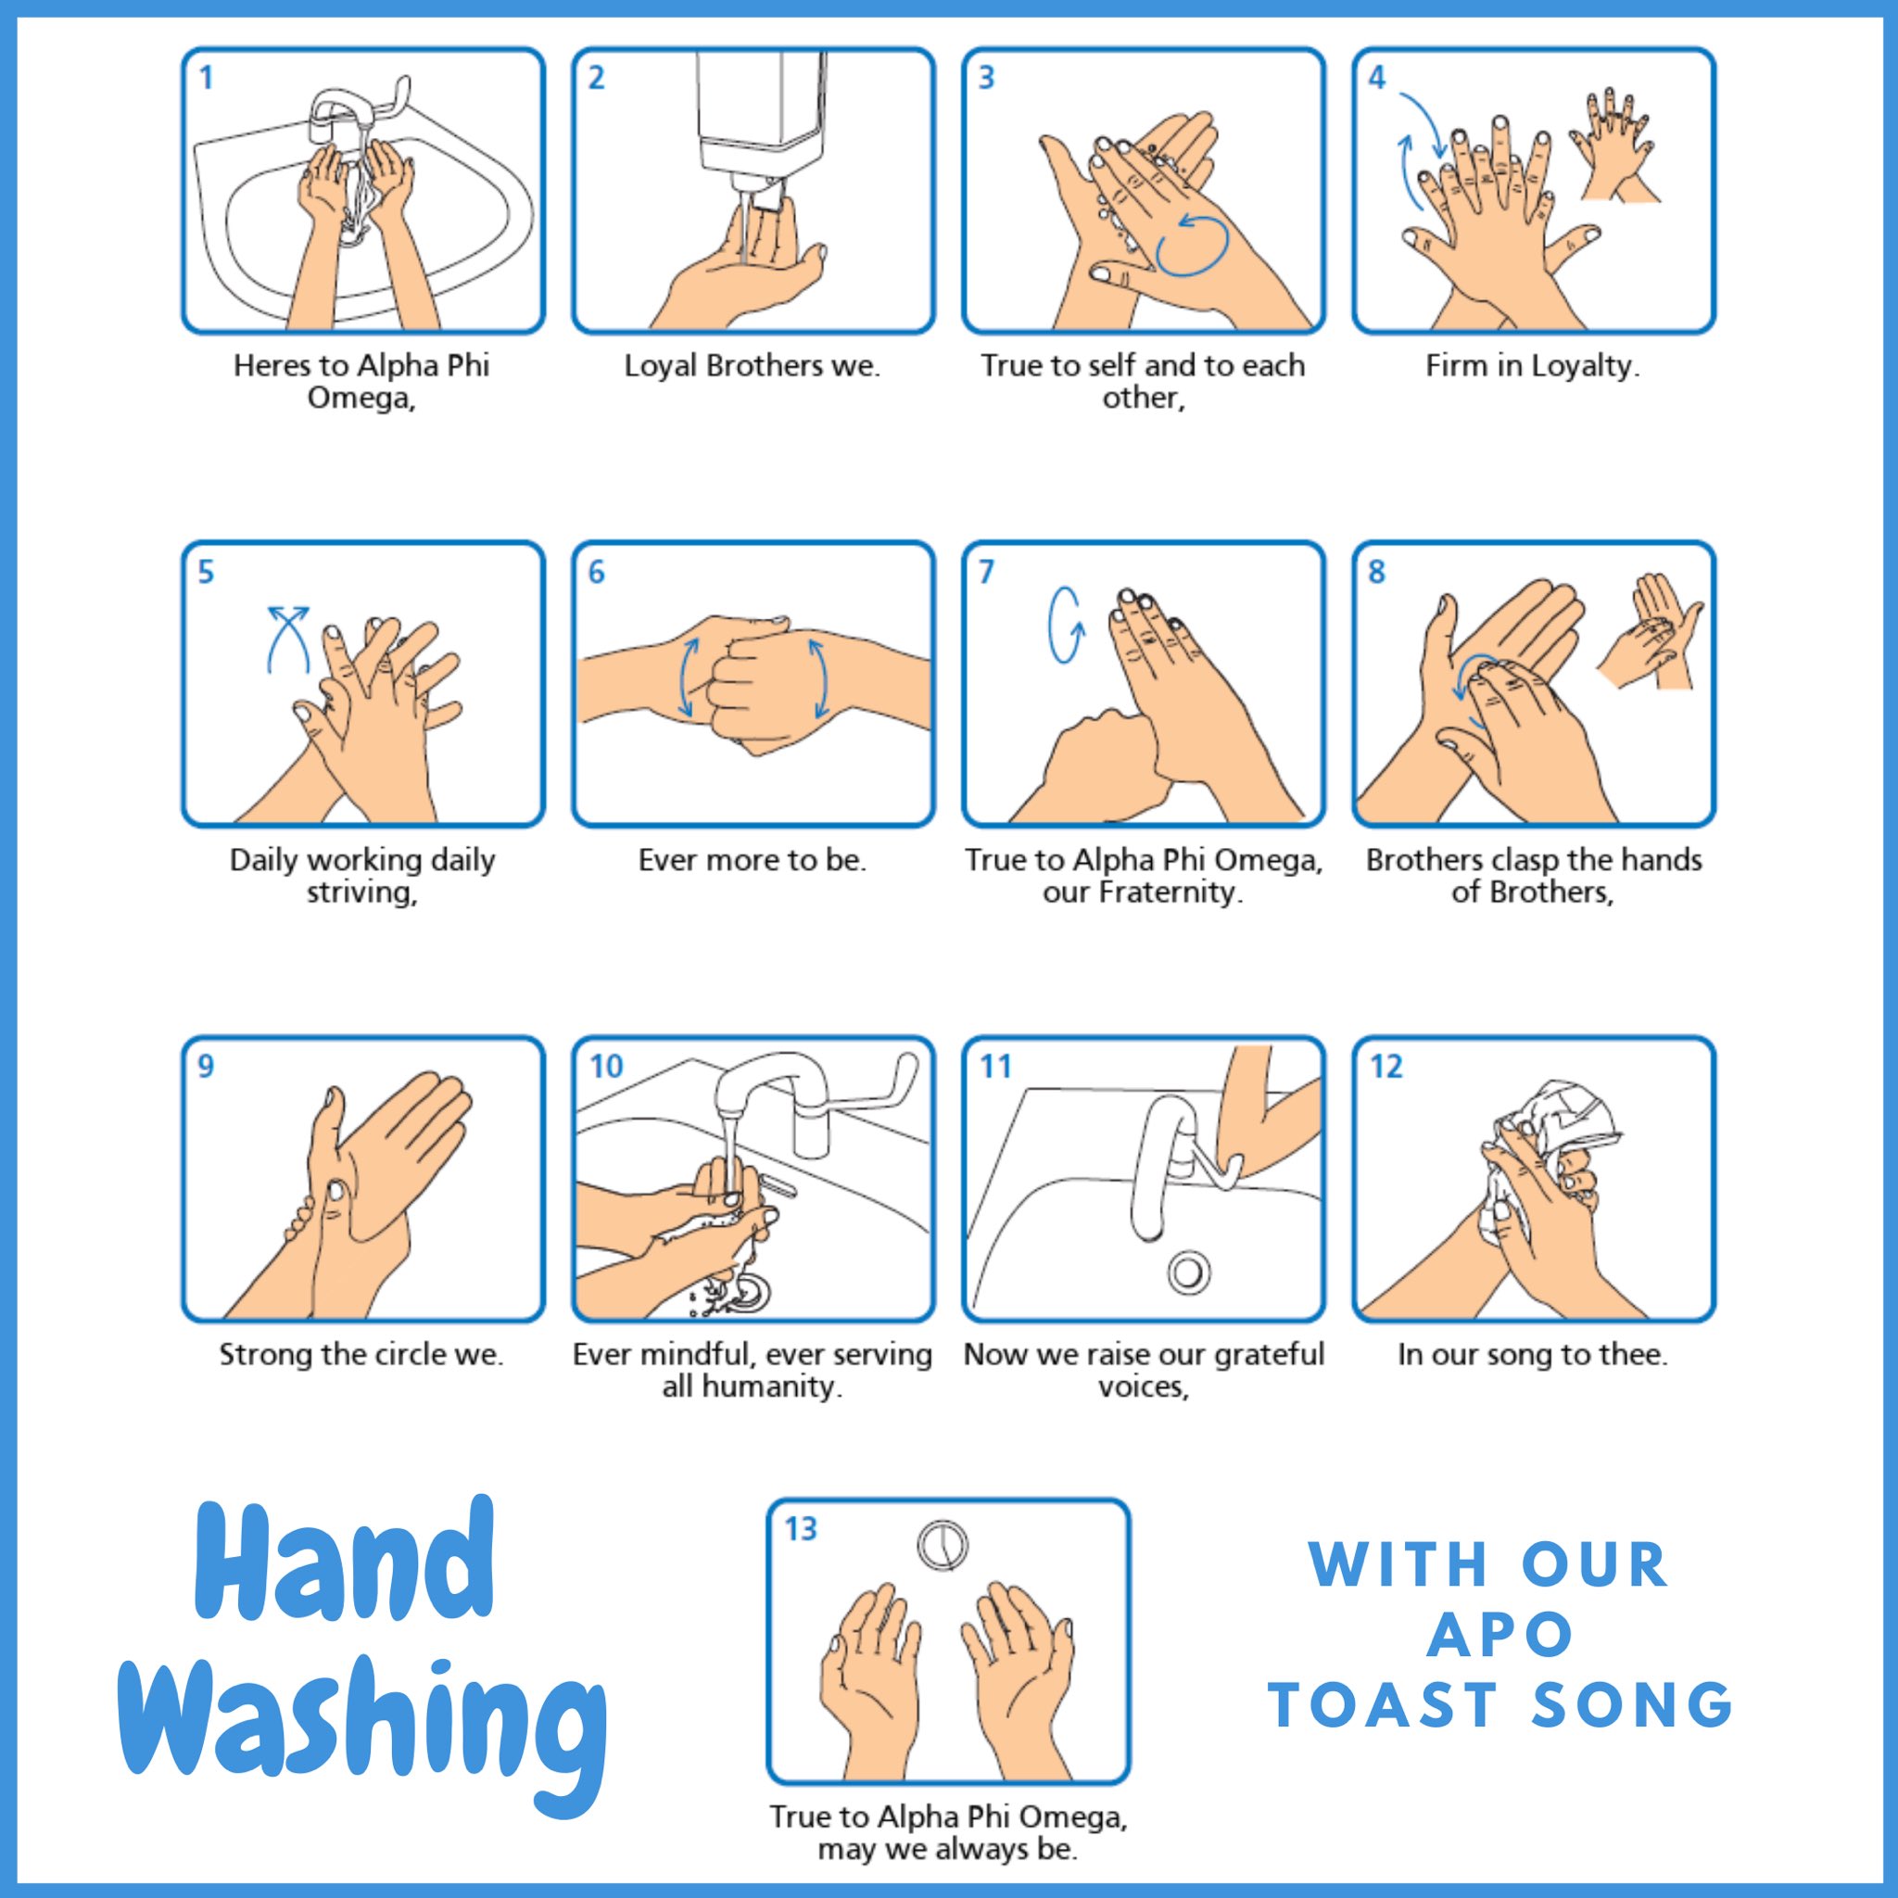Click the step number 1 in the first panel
pyautogui.click(x=207, y=78)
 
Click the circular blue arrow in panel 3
pyautogui.click(x=1191, y=245)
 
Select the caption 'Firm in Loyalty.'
pyautogui.click(x=1533, y=366)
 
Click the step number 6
pyautogui.click(x=596, y=572)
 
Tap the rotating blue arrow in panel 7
pyautogui.click(x=1065, y=626)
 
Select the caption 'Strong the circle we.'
pyautogui.click(x=361, y=1355)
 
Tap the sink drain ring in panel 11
pyautogui.click(x=1188, y=1272)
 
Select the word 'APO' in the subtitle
pyautogui.click(x=1500, y=1635)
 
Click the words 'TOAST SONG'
pyautogui.click(x=1500, y=1705)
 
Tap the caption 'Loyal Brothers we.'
pyautogui.click(x=753, y=366)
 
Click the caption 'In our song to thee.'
pyautogui.click(x=1533, y=1355)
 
